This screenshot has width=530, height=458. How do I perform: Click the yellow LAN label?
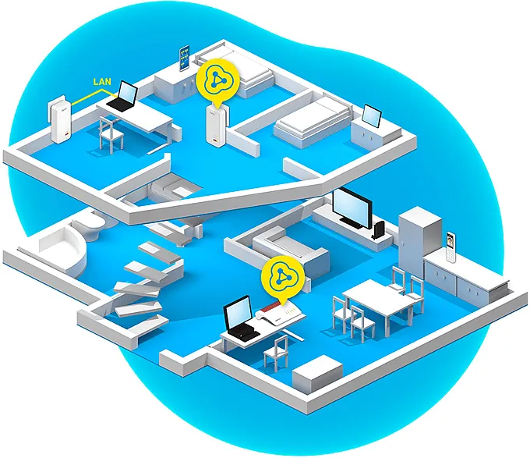102,81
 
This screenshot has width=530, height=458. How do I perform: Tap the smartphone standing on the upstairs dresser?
185,58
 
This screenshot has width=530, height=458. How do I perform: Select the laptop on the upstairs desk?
122,97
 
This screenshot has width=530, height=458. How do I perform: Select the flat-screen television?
352,208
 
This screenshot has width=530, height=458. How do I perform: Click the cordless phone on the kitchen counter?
450,247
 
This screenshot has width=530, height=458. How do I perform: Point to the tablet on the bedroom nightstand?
372,116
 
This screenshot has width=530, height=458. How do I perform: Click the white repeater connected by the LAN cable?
61,120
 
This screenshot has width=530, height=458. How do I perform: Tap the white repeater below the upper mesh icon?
217,125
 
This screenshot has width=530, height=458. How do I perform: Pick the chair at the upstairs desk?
111,133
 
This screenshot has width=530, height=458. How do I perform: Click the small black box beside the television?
379,230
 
